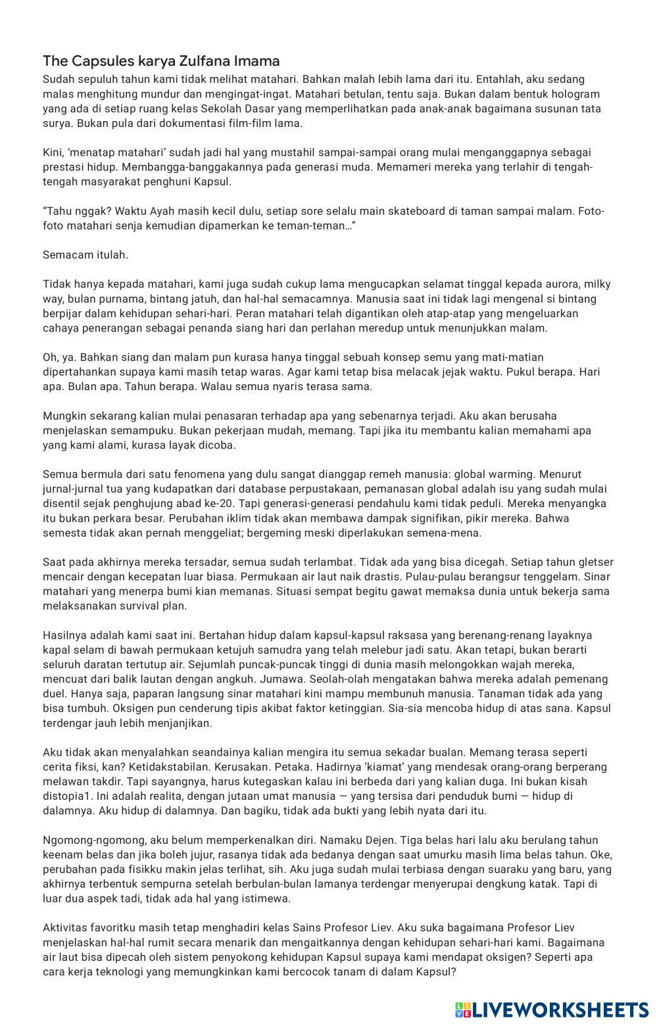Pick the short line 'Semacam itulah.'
tap(85, 255)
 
